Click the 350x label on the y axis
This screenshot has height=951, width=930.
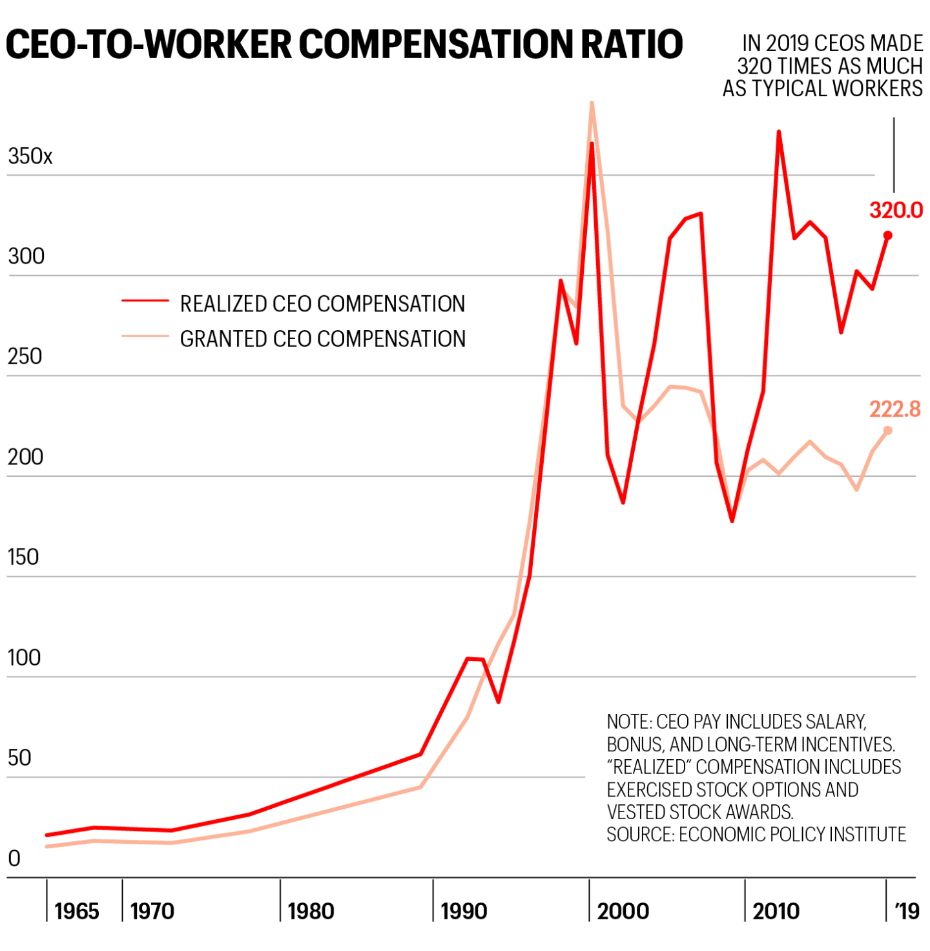(x=30, y=156)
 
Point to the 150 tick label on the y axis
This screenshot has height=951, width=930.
(x=23, y=557)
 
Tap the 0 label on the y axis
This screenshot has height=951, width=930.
(x=14, y=859)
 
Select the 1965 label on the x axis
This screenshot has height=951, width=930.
(x=77, y=911)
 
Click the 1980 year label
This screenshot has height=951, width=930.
(x=311, y=911)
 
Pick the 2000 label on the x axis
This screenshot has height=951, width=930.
(x=623, y=911)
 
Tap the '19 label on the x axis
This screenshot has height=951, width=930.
(x=907, y=911)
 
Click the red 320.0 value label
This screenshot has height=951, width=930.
(x=896, y=210)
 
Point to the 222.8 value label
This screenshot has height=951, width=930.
(x=894, y=409)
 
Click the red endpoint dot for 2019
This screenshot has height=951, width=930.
(x=887, y=235)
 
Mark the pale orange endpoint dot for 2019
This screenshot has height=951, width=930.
(x=887, y=430)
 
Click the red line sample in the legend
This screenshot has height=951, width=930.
(x=145, y=301)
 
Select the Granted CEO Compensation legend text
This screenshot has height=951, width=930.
(x=322, y=339)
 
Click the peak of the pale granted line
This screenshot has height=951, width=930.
(x=592, y=103)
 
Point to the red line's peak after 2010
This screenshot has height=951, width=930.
(x=779, y=132)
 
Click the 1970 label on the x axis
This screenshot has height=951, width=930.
(x=152, y=911)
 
